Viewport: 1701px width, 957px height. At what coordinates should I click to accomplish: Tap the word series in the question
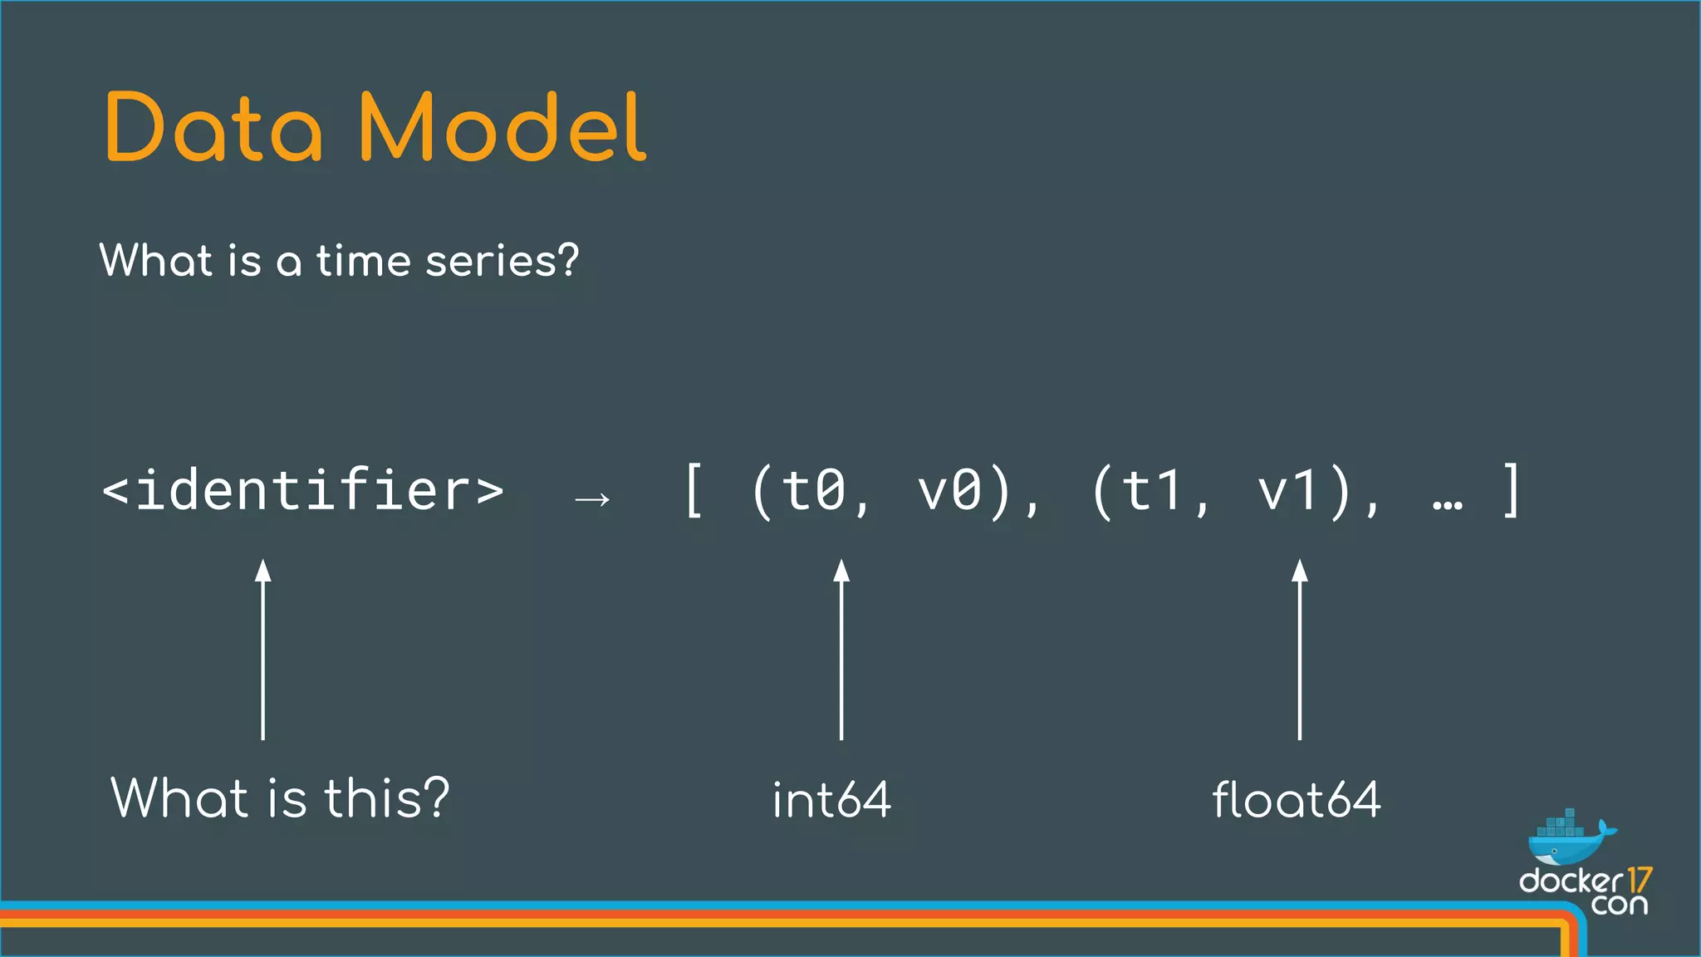point(502,261)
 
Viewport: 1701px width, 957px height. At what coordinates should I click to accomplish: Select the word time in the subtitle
point(363,261)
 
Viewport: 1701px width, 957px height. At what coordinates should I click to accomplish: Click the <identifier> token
point(302,491)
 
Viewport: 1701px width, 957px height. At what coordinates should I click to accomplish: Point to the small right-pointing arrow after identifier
point(592,499)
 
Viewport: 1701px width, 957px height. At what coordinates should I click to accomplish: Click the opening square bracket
point(694,491)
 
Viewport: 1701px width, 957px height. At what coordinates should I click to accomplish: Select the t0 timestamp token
point(813,491)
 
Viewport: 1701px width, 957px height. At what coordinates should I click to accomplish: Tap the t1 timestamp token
point(1153,491)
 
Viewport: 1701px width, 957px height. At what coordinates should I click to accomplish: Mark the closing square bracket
point(1512,491)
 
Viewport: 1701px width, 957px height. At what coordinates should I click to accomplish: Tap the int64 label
point(831,800)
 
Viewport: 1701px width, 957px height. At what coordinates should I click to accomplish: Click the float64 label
point(1297,800)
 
